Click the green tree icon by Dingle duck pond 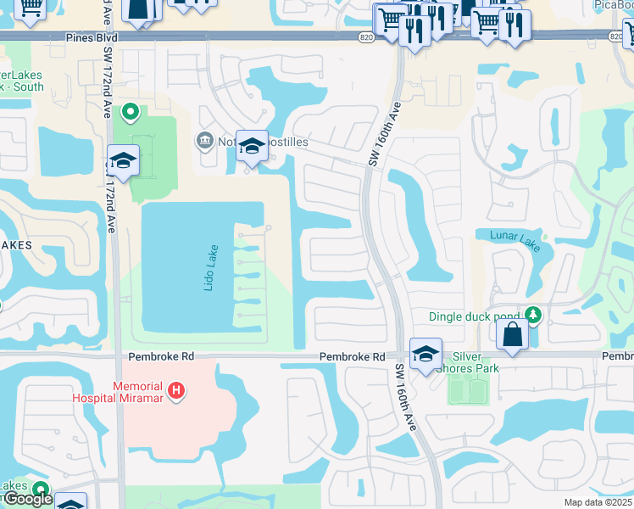(x=532, y=316)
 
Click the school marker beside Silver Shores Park (x=425, y=353)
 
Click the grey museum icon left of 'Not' (x=204, y=140)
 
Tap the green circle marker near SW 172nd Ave (x=131, y=111)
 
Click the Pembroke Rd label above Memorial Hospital (x=150, y=357)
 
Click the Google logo (x=27, y=499)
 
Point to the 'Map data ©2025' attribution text (x=598, y=502)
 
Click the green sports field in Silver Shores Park (x=468, y=390)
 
